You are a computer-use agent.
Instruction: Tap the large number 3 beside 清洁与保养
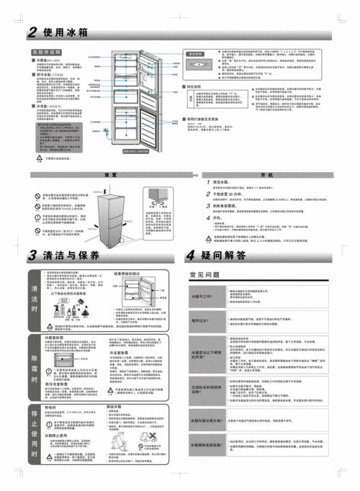coord(33,235)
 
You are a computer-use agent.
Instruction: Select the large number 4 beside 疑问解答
coord(192,235)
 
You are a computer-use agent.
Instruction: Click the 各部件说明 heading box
coord(47,53)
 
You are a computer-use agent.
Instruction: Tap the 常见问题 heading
coord(205,255)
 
